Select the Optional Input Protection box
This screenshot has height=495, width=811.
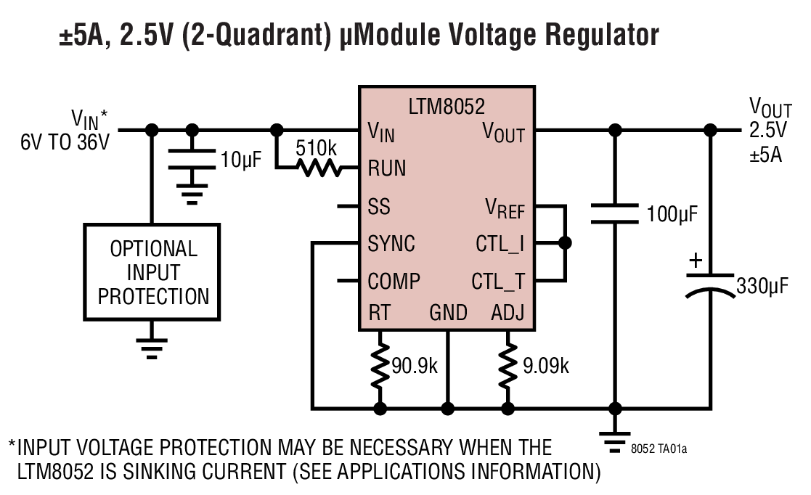[153, 272]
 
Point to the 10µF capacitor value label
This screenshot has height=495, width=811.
[241, 160]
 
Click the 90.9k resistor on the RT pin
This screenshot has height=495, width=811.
[379, 366]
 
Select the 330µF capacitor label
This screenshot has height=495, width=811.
[762, 285]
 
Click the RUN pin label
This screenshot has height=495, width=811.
[387, 168]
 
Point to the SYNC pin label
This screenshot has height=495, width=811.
[392, 244]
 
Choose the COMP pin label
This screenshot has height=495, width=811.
[394, 280]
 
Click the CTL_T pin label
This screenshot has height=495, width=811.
[498, 280]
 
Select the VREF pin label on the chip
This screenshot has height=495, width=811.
[505, 208]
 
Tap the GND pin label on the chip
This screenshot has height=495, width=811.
[448, 313]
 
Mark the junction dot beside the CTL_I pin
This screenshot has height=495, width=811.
[564, 244]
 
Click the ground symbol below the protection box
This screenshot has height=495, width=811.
[152, 347]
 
